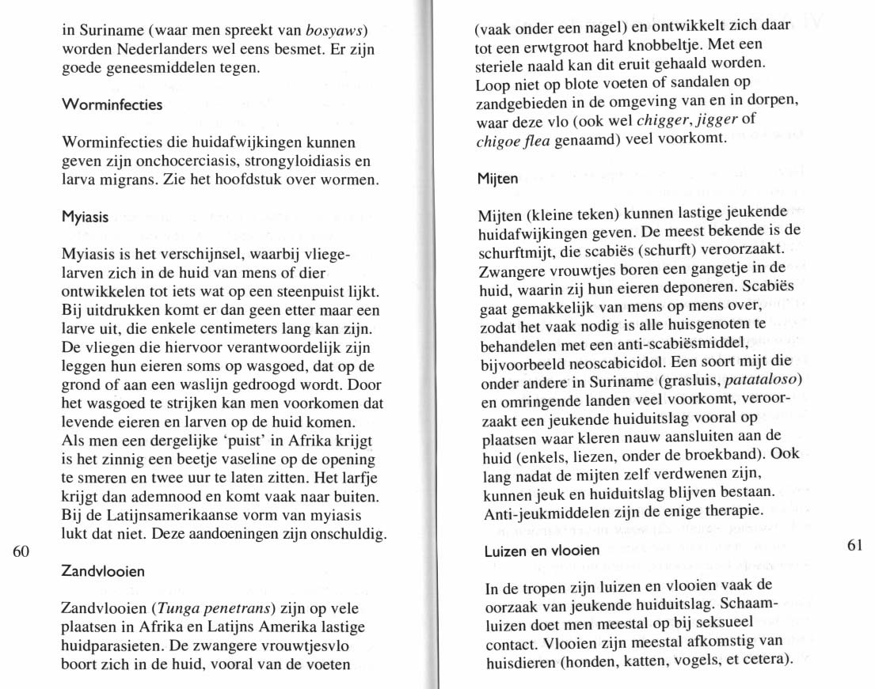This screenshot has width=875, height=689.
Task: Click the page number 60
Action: pyautogui.click(x=22, y=552)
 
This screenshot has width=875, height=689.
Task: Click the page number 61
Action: pyautogui.click(x=854, y=546)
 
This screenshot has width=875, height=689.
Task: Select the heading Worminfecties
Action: pyautogui.click(x=112, y=104)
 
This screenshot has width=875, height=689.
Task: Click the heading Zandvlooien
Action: pyautogui.click(x=104, y=571)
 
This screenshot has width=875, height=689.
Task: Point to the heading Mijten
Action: pyautogui.click(x=496, y=179)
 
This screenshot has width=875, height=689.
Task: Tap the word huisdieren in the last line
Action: pyautogui.click(x=521, y=661)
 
